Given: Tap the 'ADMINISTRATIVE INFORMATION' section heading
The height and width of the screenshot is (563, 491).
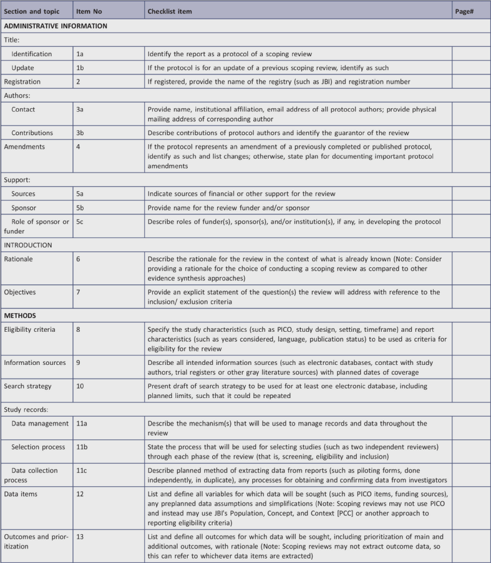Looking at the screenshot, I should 56,26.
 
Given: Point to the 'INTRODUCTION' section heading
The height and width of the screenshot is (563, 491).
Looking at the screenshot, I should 30,245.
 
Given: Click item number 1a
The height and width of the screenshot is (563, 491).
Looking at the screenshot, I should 80,54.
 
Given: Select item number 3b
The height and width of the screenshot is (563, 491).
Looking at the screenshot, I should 80,133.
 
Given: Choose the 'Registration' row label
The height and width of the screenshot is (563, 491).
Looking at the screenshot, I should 22,81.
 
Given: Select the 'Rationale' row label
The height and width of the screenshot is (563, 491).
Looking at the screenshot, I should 19,259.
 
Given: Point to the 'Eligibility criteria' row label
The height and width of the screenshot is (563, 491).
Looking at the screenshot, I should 32,329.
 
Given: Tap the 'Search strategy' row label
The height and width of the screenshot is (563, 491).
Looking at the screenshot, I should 29,381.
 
